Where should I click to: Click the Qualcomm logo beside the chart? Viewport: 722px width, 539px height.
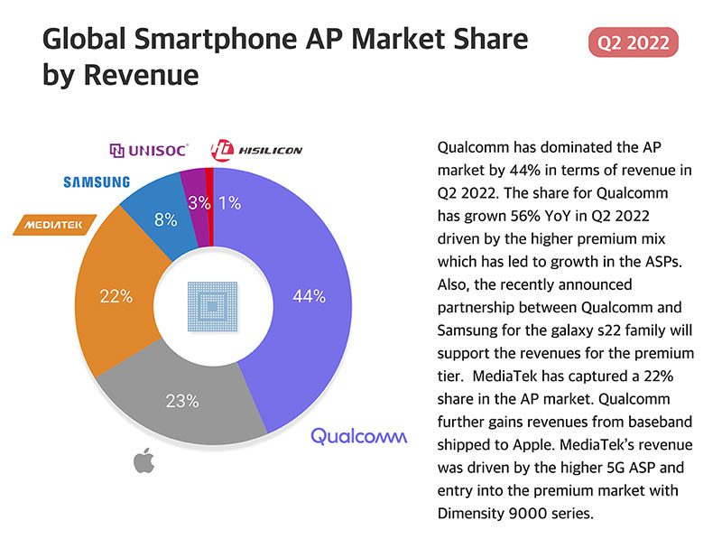tap(359, 436)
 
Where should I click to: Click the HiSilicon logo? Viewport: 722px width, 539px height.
tap(244, 149)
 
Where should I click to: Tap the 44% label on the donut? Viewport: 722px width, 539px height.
tap(310, 295)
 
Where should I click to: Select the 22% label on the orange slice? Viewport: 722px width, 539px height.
tap(116, 296)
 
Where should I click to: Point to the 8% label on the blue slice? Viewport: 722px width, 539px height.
tap(165, 219)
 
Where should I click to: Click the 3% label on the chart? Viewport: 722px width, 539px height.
tap(199, 203)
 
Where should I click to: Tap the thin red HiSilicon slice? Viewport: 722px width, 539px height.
tap(210, 181)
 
